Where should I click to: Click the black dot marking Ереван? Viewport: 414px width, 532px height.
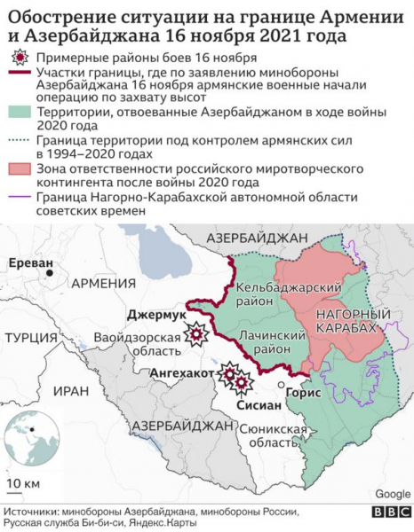(x=51, y=274)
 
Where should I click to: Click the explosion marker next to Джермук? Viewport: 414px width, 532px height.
(x=195, y=334)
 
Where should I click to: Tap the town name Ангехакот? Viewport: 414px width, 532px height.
(x=182, y=374)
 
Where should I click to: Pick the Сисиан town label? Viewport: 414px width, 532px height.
(x=259, y=404)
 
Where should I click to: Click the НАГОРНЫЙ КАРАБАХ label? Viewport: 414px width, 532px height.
(x=354, y=321)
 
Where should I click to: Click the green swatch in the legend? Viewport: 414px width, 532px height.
(x=19, y=113)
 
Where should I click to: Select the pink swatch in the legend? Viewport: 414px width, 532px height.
(x=19, y=169)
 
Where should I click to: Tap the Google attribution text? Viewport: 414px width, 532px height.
(x=393, y=494)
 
